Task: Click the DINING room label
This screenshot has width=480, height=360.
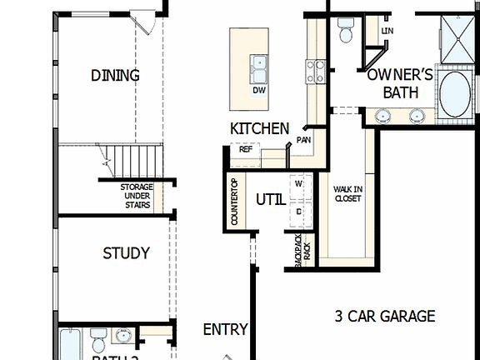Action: (115, 76)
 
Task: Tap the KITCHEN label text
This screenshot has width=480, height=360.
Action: (260, 129)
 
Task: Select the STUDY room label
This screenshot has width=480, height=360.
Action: (126, 253)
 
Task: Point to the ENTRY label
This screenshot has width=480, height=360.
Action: (225, 330)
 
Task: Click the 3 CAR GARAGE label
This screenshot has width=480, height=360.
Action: (385, 317)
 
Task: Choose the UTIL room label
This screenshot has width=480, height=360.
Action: (271, 200)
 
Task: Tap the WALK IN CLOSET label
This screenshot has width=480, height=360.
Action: (347, 194)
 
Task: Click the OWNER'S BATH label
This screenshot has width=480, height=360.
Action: (400, 83)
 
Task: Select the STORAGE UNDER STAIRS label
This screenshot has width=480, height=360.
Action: (136, 197)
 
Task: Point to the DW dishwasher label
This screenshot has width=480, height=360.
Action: (259, 90)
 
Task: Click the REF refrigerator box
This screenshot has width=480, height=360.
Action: (246, 150)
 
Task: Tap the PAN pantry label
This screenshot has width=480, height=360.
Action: (303, 140)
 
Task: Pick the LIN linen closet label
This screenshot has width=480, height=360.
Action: (387, 31)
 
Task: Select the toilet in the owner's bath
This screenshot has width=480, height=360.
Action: (347, 30)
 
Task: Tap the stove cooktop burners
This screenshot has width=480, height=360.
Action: (315, 71)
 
